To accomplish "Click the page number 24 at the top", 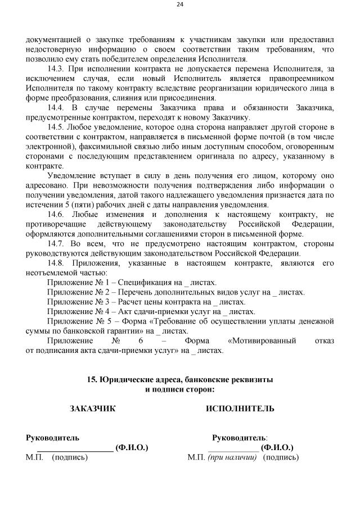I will [x=180, y=5].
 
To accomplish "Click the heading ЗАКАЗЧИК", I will [x=93, y=409].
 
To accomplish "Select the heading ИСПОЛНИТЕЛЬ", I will [x=241, y=409].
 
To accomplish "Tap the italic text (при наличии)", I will [x=232, y=457].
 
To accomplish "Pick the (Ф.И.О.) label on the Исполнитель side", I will [x=277, y=448].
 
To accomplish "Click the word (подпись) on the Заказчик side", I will [x=70, y=457].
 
